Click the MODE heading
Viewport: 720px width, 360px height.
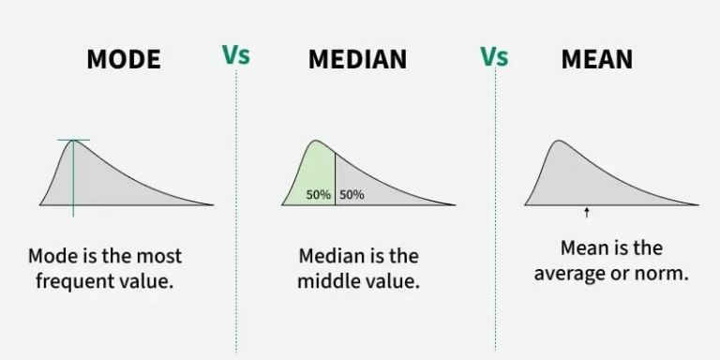click(x=123, y=59)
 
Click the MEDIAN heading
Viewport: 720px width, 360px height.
click(x=357, y=59)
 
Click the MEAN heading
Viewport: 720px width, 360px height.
click(x=596, y=59)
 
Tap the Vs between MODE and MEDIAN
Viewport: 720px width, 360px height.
click(x=236, y=55)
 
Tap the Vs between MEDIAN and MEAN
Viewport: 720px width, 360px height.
click(x=494, y=55)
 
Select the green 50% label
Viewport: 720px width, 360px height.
click(x=318, y=195)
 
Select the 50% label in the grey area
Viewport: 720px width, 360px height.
click(x=352, y=195)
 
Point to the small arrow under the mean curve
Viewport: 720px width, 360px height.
click(x=587, y=213)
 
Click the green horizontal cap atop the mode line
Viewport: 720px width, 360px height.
click(x=73, y=141)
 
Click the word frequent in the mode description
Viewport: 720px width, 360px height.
click(x=67, y=281)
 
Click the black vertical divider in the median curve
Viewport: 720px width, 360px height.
click(x=335, y=178)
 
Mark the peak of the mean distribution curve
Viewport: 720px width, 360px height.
click(x=559, y=142)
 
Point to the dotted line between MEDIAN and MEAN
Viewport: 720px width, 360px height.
click(x=495, y=216)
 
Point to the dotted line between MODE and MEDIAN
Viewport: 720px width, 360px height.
click(x=236, y=216)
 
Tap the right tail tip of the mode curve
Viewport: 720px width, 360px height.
click(x=211, y=203)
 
